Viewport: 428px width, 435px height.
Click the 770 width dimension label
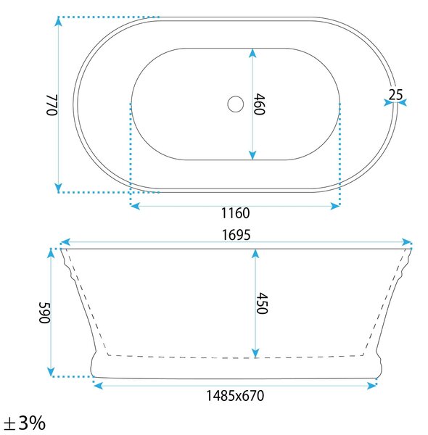click(52, 105)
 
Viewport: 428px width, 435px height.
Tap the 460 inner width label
click(260, 104)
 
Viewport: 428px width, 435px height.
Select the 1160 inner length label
click(235, 213)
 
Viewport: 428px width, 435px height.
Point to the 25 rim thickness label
click(395, 95)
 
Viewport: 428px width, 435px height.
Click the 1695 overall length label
click(236, 235)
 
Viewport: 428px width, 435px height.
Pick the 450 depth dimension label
click(262, 303)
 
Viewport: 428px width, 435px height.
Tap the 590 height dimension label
click(45, 313)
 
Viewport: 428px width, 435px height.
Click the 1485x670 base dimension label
click(235, 396)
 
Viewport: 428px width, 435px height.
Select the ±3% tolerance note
click(25, 423)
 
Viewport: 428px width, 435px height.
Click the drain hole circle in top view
click(235, 104)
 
